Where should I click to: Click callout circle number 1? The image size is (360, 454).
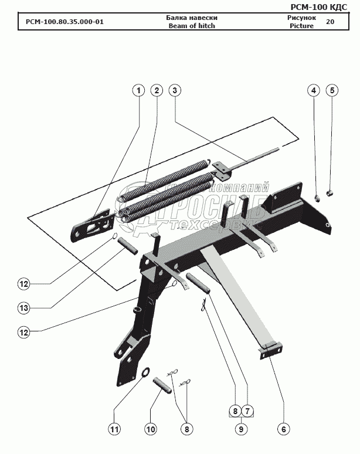pyautogui.click(x=138, y=90)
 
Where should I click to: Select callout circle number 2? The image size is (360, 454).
pyautogui.click(x=156, y=90)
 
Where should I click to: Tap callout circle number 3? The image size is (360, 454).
pyautogui.click(x=174, y=90)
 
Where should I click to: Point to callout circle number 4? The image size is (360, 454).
pyautogui.click(x=314, y=90)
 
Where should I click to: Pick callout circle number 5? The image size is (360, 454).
pyautogui.click(x=332, y=90)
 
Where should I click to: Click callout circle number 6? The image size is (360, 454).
pyautogui.click(x=283, y=429)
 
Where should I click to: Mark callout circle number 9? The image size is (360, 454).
pyautogui.click(x=240, y=429)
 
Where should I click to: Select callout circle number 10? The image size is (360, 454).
pyautogui.click(x=151, y=429)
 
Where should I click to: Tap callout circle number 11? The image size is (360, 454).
pyautogui.click(x=115, y=429)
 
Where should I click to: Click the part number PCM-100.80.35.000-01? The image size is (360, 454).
pyautogui.click(x=64, y=22)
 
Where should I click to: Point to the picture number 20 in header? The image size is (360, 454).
pyautogui.click(x=330, y=22)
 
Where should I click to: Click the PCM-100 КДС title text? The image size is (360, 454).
pyautogui.click(x=322, y=6)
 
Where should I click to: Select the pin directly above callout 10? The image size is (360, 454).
pyautogui.click(x=161, y=385)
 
